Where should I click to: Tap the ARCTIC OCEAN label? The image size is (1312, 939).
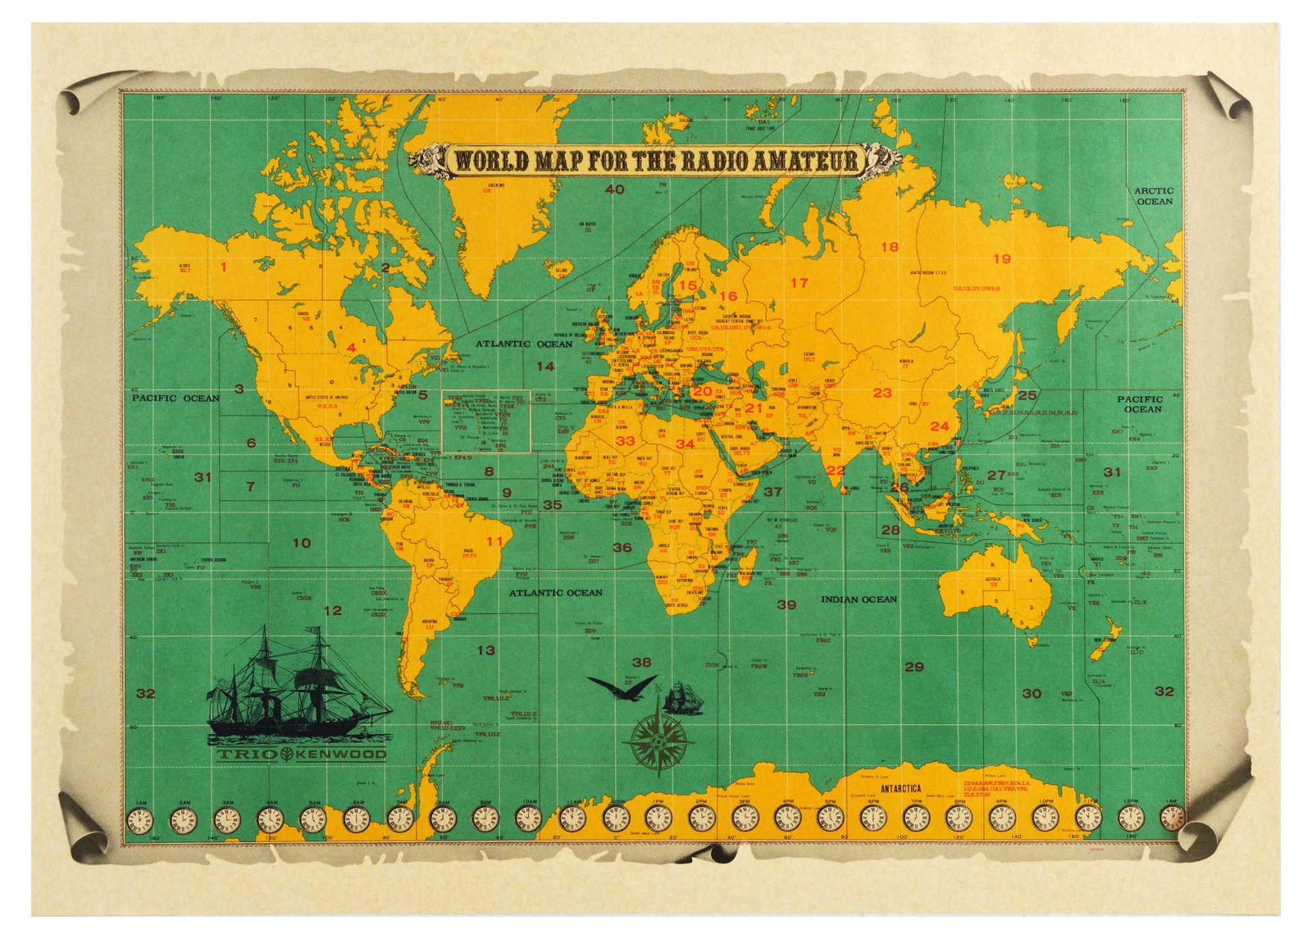tap(1154, 195)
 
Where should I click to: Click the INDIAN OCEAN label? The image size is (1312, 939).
tap(859, 599)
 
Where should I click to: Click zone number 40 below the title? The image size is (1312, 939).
tap(614, 190)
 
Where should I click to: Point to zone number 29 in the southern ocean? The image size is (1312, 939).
tap(913, 667)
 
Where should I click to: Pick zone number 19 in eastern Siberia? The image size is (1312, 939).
tap(1002, 259)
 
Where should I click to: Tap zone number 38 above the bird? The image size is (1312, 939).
tap(641, 662)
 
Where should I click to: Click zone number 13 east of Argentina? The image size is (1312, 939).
tap(485, 650)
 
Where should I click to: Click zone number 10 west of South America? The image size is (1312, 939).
tap(301, 542)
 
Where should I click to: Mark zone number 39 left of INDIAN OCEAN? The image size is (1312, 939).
tap(786, 605)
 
